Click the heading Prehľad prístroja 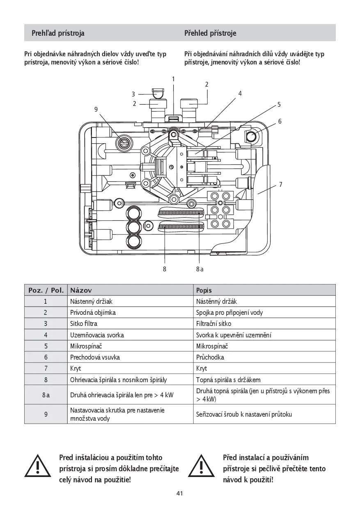[58, 33]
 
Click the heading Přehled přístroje [210, 33]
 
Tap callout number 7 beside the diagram [281, 185]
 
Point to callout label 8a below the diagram [199, 269]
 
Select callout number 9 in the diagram [96, 109]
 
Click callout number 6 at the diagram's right [280, 121]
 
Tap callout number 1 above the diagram [173, 79]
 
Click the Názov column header [81, 290]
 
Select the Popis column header [204, 290]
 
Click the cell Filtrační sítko [213, 323]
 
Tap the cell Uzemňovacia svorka [97, 335]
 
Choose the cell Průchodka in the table [210, 357]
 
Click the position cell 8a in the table [46, 395]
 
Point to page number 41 [179, 493]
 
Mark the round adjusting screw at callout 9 [123, 142]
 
